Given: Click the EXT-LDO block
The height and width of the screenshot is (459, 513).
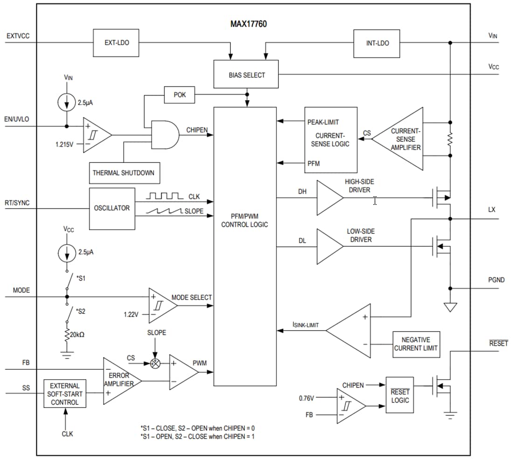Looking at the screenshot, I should pyautogui.click(x=117, y=43).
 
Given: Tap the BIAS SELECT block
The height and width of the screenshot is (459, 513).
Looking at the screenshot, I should pyautogui.click(x=246, y=75).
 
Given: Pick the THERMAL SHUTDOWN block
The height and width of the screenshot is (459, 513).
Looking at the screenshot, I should pyautogui.click(x=123, y=173).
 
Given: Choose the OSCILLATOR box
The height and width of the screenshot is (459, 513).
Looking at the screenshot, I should pyautogui.click(x=111, y=208).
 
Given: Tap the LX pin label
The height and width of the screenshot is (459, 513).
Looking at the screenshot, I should pyautogui.click(x=492, y=210).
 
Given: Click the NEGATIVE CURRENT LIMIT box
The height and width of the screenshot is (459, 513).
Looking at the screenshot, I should pyautogui.click(x=416, y=344).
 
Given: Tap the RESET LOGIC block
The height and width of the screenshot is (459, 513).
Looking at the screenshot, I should pyautogui.click(x=400, y=396).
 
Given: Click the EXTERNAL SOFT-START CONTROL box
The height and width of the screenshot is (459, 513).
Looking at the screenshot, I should pyautogui.click(x=65, y=394).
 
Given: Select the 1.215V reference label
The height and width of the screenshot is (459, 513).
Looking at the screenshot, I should pyautogui.click(x=64, y=145).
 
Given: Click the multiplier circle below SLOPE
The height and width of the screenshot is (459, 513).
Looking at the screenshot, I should pyautogui.click(x=156, y=363).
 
